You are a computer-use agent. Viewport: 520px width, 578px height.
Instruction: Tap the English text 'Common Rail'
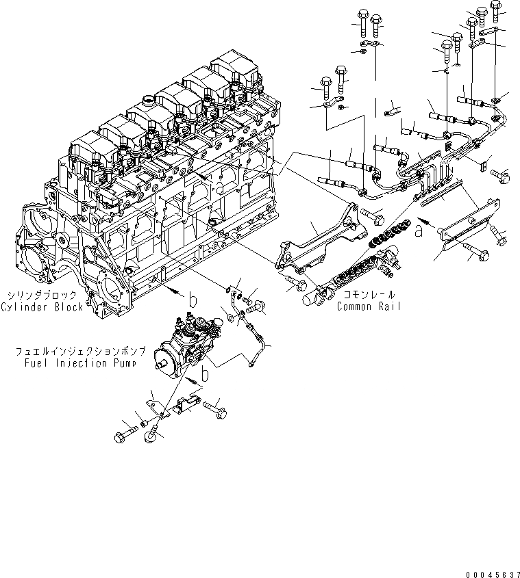368,307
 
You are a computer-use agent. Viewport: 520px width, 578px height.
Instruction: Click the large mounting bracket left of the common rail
308,247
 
